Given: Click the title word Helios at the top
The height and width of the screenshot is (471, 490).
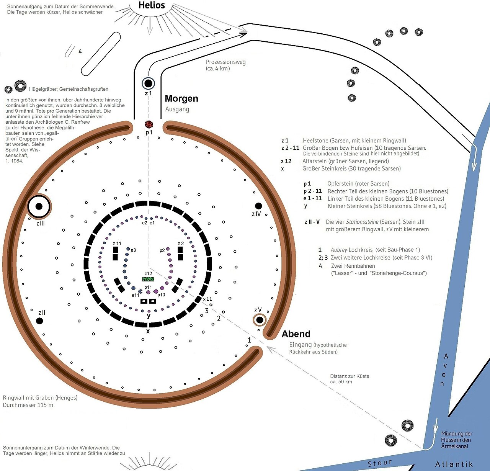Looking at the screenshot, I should [x=152, y=5].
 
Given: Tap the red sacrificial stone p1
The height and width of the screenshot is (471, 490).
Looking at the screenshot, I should [x=149, y=124].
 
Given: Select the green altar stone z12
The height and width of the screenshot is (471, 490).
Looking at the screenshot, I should [x=148, y=279].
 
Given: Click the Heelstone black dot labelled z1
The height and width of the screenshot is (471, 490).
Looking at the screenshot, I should [x=148, y=83].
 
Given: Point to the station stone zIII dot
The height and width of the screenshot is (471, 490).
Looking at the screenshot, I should [x=39, y=206].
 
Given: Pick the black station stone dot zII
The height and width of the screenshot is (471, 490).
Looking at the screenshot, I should [x=40, y=321].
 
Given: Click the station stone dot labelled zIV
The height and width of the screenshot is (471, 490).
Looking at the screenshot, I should [x=258, y=206].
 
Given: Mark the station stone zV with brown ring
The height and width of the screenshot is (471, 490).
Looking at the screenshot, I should [x=260, y=320].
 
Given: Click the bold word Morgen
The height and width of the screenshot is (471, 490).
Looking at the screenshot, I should [x=181, y=98].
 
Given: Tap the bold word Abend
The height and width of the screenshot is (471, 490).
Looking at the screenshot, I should [x=296, y=334].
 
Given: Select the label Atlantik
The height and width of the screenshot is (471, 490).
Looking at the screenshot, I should [x=454, y=464].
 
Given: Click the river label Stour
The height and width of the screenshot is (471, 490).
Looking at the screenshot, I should [x=380, y=463].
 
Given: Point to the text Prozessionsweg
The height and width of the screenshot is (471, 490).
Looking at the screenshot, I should [x=225, y=62].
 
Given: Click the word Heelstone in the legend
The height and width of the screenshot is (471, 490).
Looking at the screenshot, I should [x=315, y=141].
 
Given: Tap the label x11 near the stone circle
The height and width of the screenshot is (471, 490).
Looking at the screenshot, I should [x=207, y=299].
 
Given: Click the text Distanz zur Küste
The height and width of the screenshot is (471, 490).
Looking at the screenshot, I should [x=350, y=376].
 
